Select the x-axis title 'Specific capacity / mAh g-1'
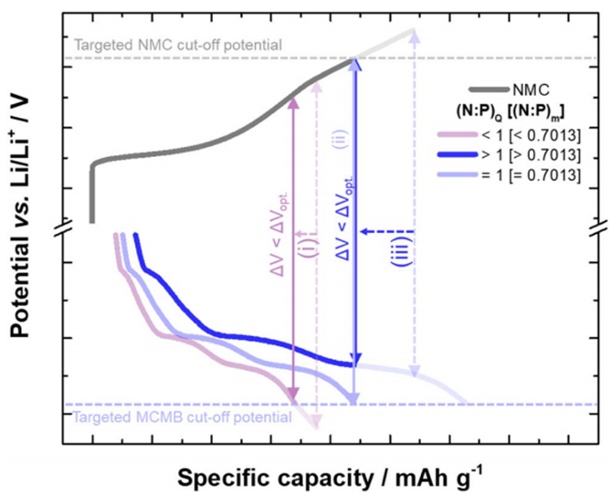[x=331, y=477]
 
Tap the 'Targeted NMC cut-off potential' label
[x=178, y=45]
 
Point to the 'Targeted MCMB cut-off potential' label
[x=183, y=417]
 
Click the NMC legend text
[x=532, y=90]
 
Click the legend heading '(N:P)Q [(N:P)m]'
[x=511, y=112]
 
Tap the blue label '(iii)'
[x=402, y=251]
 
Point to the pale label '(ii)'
[x=341, y=139]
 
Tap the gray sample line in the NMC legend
[x=489, y=90]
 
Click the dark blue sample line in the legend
[x=458, y=154]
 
